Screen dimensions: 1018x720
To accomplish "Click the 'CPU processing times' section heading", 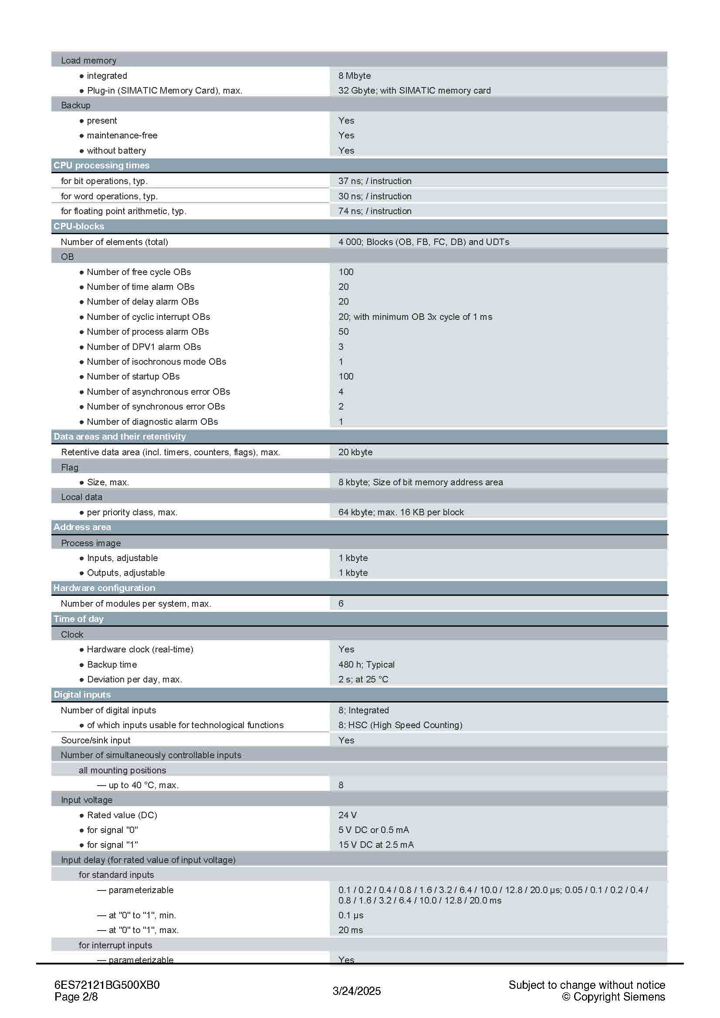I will coord(101,165).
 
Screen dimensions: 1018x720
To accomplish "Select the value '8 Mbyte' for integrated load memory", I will coord(355,76).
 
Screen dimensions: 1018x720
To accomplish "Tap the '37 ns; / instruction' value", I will coord(375,181).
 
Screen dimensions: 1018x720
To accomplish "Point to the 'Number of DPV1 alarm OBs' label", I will coord(144,347).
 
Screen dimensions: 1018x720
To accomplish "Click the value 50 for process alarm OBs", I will coord(343,332).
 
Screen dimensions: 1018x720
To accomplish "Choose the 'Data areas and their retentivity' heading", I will coord(120,437).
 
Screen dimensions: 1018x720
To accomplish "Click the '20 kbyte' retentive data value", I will coord(355,452).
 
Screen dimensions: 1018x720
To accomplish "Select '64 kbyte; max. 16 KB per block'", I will coord(401,512).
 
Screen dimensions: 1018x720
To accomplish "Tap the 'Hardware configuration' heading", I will coord(104,588).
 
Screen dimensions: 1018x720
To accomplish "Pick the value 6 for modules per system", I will coord(341,603).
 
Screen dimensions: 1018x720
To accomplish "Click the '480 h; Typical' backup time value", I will coord(366,664).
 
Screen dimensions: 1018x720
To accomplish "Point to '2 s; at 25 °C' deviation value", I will coord(363,679).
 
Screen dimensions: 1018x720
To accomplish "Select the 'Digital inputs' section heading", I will coord(82,695).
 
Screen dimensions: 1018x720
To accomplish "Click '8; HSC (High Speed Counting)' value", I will coord(400,725).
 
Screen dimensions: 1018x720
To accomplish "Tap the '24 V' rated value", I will coord(347,815).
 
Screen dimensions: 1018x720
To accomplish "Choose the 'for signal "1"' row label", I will coord(113,845).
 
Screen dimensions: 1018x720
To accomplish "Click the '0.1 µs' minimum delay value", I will coord(351,915).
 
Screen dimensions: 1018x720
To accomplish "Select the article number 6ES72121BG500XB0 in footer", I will coord(107,985).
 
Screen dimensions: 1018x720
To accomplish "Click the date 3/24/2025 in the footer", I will coord(357,991).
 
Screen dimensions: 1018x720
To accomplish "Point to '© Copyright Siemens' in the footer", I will coord(614,997).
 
